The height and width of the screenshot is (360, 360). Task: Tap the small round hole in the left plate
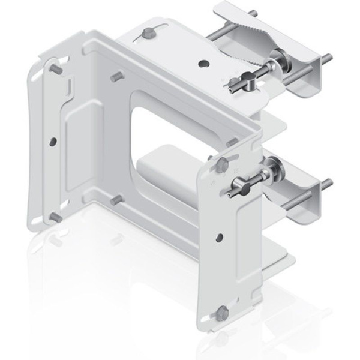[54, 142]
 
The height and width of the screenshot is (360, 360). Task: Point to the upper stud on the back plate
[116, 77]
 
